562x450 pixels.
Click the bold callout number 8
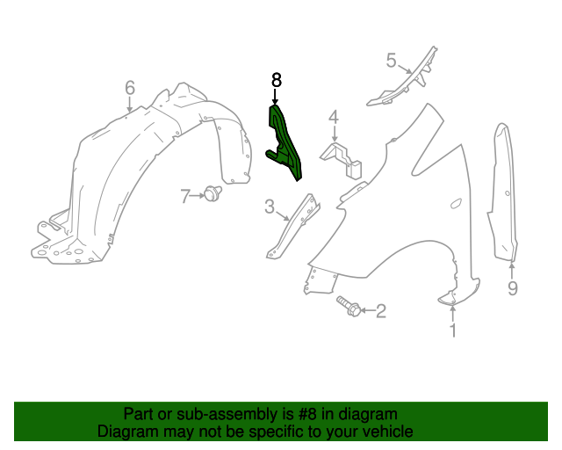pyautogui.click(x=277, y=80)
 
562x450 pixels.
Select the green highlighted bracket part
pyautogui.click(x=285, y=143)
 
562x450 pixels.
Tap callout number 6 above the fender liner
pyautogui.click(x=130, y=88)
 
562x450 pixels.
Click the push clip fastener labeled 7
pyautogui.click(x=213, y=192)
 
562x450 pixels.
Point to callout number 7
pyautogui.click(x=185, y=196)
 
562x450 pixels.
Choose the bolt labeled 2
pyautogui.click(x=348, y=307)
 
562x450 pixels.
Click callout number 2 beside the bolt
pyautogui.click(x=380, y=311)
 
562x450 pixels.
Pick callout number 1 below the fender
pyautogui.click(x=453, y=330)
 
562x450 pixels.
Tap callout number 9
pyautogui.click(x=513, y=288)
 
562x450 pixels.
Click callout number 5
pyautogui.click(x=391, y=61)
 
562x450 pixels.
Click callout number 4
pyautogui.click(x=334, y=118)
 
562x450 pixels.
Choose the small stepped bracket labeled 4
pyautogui.click(x=342, y=160)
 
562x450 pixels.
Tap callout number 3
pyautogui.click(x=270, y=207)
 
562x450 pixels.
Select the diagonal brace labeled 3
pyautogui.click(x=292, y=227)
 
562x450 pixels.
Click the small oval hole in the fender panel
pyautogui.click(x=456, y=204)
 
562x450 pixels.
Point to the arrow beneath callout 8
pyautogui.click(x=275, y=97)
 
